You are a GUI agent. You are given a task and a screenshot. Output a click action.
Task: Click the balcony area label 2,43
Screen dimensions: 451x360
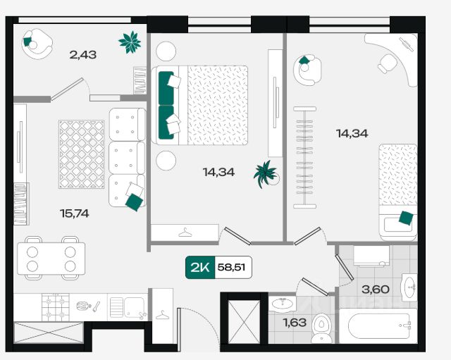pyautogui.click(x=83, y=55)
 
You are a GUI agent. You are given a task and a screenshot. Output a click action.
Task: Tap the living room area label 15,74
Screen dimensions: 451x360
pyautogui.click(x=74, y=213)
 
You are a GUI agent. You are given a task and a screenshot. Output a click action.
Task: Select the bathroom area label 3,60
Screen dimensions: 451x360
pyautogui.click(x=376, y=290)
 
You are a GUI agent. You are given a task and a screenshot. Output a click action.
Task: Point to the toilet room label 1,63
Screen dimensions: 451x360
pyautogui.click(x=295, y=323)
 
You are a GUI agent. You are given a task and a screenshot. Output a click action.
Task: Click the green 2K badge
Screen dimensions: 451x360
pyautogui.click(x=200, y=268)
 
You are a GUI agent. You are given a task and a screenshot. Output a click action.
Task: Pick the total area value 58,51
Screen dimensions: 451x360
pyautogui.click(x=231, y=268)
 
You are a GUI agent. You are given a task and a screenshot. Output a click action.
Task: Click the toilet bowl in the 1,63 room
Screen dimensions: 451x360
pyautogui.click(x=322, y=328)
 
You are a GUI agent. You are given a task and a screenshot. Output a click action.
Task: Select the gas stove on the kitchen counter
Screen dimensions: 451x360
pyautogui.click(x=56, y=307)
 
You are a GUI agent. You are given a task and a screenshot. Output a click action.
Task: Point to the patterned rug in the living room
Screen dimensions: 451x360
pyautogui.click(x=82, y=154)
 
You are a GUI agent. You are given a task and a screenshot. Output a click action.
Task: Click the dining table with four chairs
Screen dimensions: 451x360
pyautogui.click(x=51, y=258)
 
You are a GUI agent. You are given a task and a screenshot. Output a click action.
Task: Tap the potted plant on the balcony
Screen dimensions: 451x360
pyautogui.click(x=130, y=42)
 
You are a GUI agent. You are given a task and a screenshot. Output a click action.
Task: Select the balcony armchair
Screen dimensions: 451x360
pyautogui.click(x=37, y=44)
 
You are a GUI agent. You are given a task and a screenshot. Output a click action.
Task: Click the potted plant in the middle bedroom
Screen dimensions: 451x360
pyautogui.click(x=266, y=174)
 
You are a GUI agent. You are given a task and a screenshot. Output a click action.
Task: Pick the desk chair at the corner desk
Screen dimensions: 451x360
pyautogui.click(x=387, y=64)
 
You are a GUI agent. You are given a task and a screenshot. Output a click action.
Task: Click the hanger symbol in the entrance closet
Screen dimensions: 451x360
pyautogui.click(x=163, y=315)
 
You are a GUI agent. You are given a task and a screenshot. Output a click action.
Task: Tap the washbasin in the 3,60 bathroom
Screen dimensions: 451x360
pyautogui.click(x=409, y=287)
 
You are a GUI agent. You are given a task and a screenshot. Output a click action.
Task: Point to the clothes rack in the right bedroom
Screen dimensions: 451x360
pyautogui.click(x=304, y=157)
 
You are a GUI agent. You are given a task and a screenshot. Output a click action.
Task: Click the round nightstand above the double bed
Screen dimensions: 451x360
pyautogui.click(x=166, y=51)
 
